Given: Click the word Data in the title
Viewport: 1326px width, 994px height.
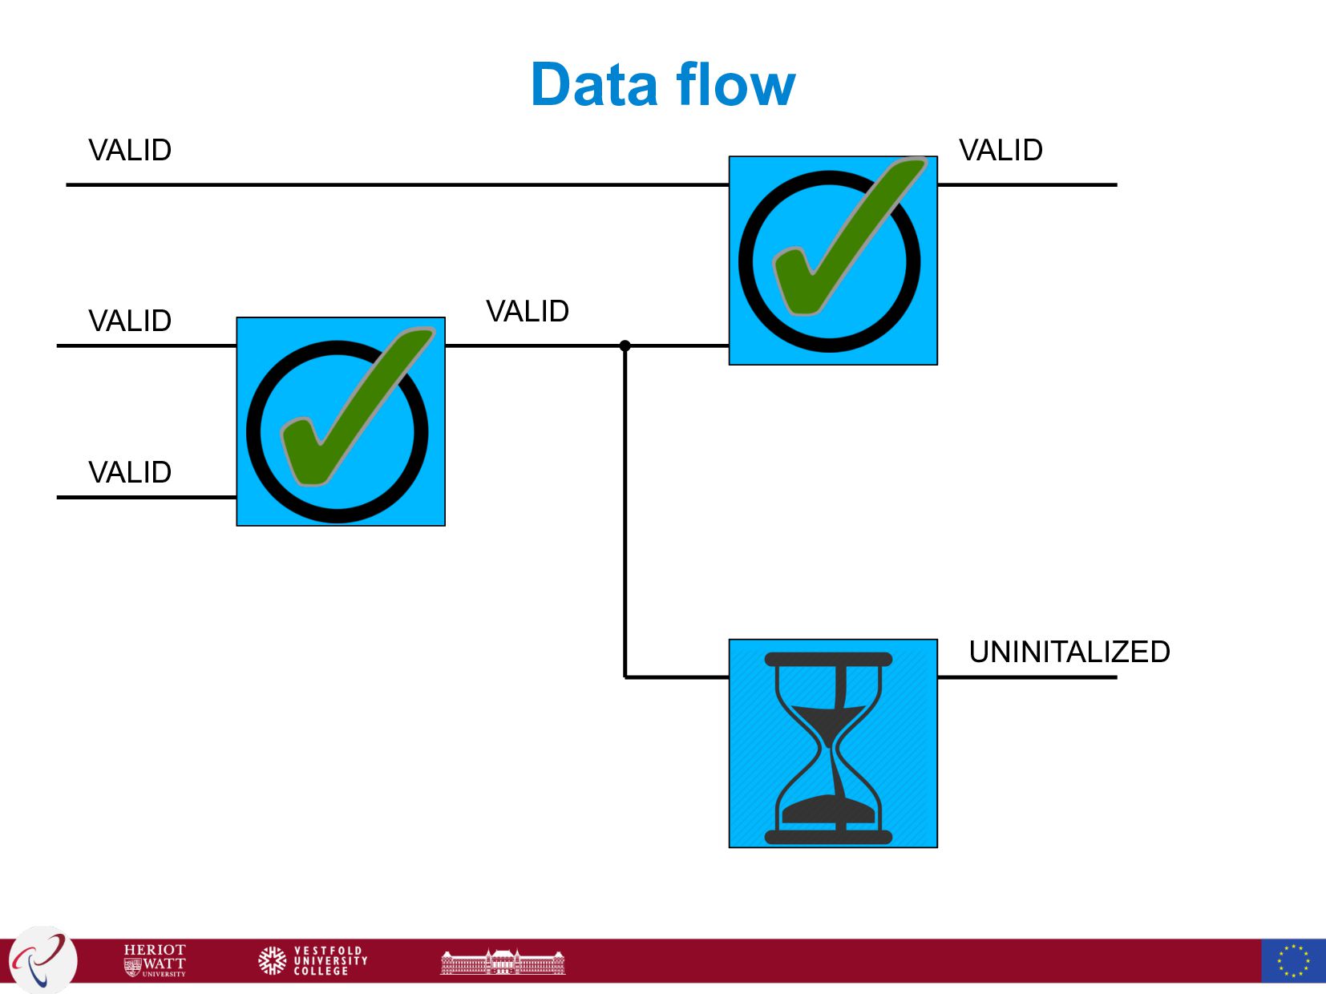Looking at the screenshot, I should tap(596, 85).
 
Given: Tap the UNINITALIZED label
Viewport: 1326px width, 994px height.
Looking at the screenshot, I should tap(1069, 652).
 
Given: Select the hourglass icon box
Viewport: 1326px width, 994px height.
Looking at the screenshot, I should tap(832, 743).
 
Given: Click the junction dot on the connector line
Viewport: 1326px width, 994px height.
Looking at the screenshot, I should tap(625, 345).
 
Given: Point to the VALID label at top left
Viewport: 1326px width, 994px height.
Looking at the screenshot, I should tap(130, 151).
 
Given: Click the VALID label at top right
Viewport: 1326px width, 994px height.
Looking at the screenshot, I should tap(1001, 151).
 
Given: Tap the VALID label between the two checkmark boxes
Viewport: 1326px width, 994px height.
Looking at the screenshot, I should tap(528, 311).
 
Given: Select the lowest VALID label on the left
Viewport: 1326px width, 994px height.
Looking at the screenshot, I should tap(130, 472).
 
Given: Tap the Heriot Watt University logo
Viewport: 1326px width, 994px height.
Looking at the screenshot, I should tap(155, 960).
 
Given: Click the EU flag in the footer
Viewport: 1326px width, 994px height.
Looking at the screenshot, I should tap(1292, 960).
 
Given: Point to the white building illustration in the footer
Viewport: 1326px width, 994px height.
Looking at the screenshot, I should tap(503, 961).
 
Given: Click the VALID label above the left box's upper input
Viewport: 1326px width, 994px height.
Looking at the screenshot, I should tap(130, 321).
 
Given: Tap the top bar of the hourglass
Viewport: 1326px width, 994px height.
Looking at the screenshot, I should tap(828, 659).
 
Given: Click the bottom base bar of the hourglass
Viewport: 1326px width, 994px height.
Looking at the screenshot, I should tap(828, 838).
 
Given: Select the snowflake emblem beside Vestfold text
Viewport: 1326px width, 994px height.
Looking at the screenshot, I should tap(273, 960).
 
